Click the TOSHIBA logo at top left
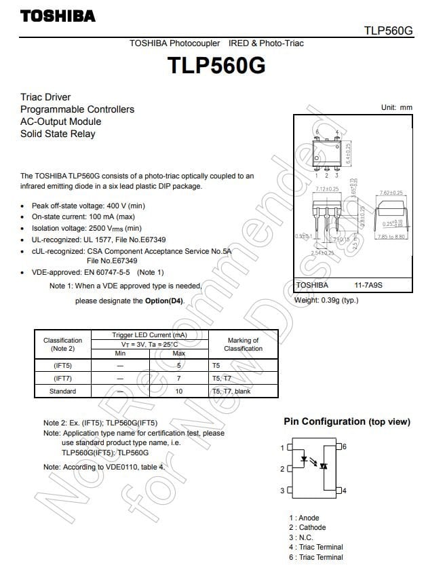pos(58,16)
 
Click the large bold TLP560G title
pos(216,66)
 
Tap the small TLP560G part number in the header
pos(387,31)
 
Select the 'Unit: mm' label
pos(396,107)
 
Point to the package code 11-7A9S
pos(368,286)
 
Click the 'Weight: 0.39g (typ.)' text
pos(326,300)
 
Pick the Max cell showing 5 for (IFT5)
pos(179,365)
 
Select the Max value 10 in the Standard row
pos(179,391)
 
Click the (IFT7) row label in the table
pos(62,378)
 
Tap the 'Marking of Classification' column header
pos(243,344)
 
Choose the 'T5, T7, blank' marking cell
pos(231,391)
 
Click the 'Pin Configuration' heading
pos(324,421)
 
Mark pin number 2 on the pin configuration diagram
pos(282,469)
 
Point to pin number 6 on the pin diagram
pos(345,446)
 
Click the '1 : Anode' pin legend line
pos(304,518)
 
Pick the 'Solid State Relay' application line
pos(58,134)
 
